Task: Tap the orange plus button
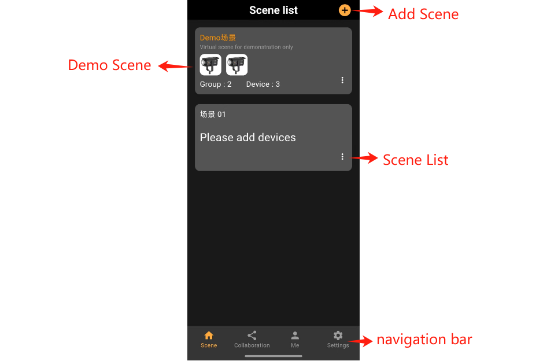point(345,10)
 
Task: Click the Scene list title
point(273,10)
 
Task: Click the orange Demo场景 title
point(218,38)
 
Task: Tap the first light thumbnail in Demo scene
point(210,65)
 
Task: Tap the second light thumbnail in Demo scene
point(236,65)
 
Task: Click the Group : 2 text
point(216,84)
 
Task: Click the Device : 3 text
point(263,84)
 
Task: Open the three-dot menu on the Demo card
point(342,80)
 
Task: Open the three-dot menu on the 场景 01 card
point(342,156)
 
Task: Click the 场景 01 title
point(213,115)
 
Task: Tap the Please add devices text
point(247,138)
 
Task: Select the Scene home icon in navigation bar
point(209,336)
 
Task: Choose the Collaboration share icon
point(252,336)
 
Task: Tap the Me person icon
point(295,336)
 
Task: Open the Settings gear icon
point(338,336)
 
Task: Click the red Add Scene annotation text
point(423,14)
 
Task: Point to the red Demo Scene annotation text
point(109,65)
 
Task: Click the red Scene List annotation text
point(415,160)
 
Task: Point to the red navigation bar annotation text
point(424,340)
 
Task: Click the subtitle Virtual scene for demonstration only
point(246,47)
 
